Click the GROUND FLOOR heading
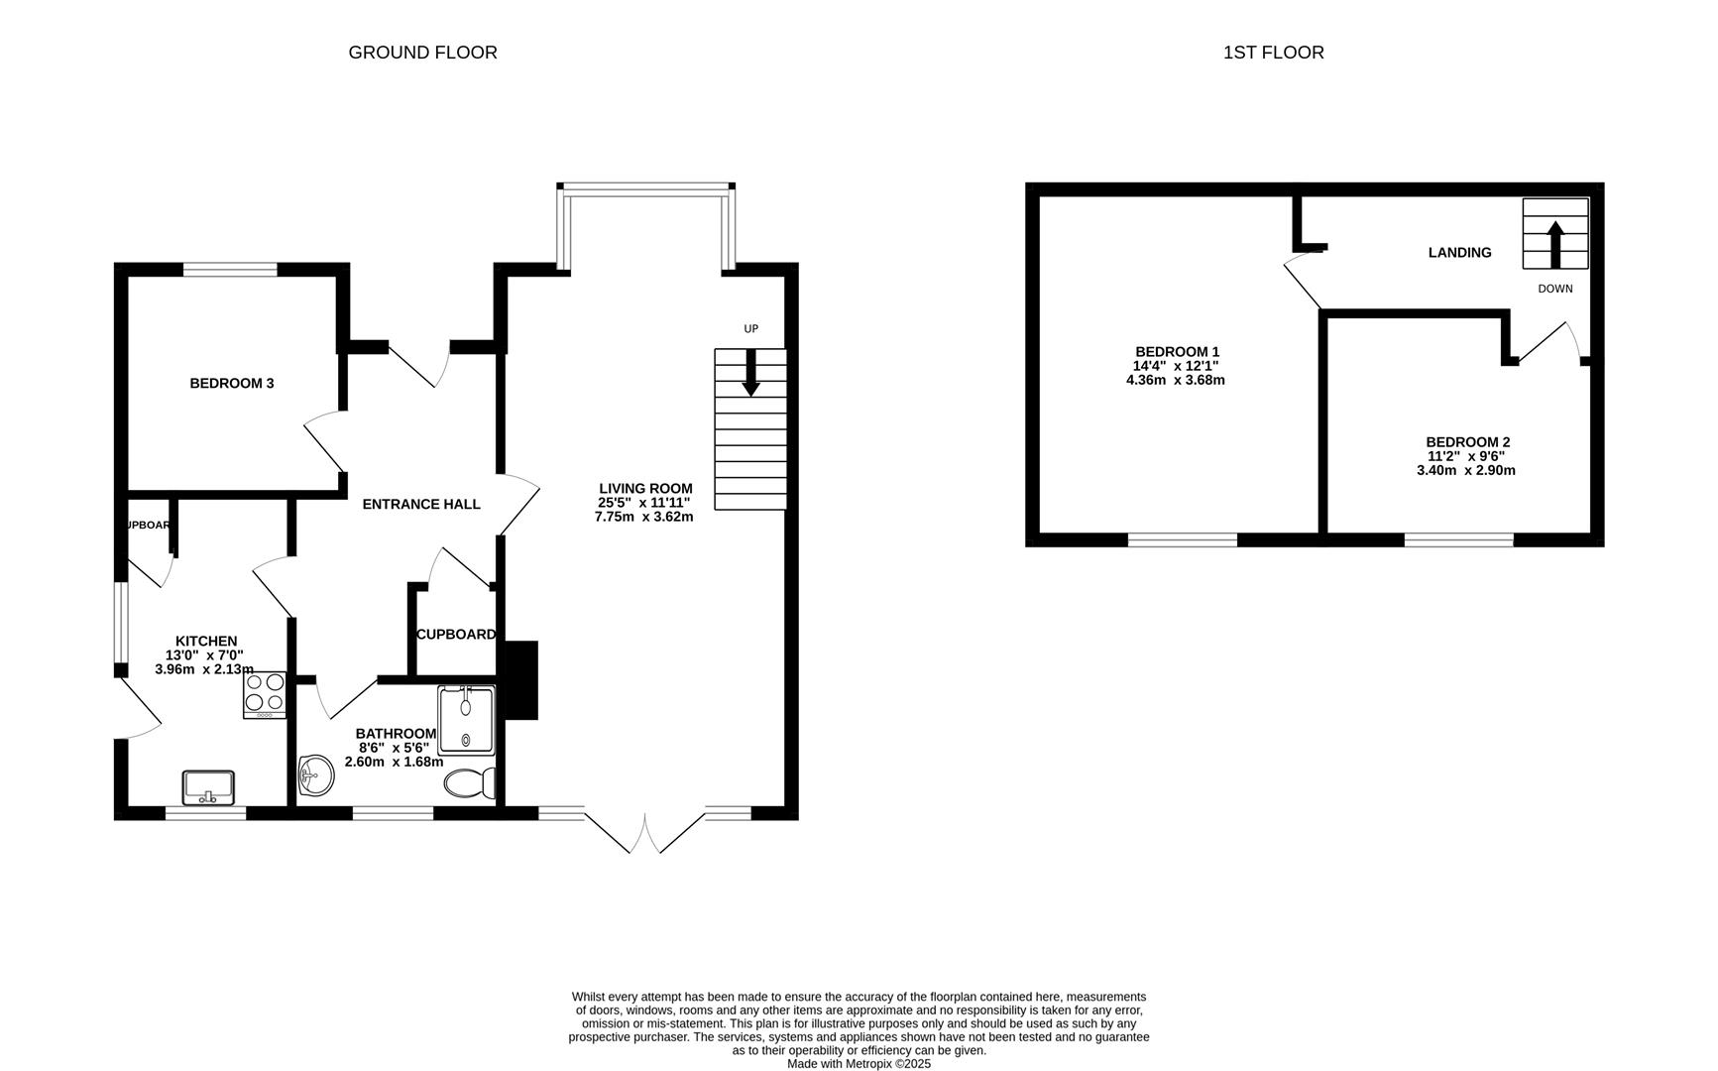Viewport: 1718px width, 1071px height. tap(422, 53)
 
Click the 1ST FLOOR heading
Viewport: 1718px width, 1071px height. tap(1273, 53)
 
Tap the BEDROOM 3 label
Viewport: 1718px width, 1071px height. tap(231, 383)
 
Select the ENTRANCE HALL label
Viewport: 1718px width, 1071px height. tap(420, 504)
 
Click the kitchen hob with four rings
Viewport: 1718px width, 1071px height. tap(265, 694)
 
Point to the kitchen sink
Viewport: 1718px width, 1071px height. tap(208, 787)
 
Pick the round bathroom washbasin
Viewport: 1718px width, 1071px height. tap(316, 774)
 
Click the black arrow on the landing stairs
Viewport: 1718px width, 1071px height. tap(1554, 243)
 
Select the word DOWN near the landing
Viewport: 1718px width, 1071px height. tap(1554, 289)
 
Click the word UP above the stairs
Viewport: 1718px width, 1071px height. tap(750, 328)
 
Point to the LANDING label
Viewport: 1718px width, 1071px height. tap(1459, 253)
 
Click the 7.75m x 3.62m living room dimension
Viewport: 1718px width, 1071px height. tap(643, 517)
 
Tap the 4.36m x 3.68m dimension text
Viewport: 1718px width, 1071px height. tap(1176, 380)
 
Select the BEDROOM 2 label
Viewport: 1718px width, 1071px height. tap(1467, 442)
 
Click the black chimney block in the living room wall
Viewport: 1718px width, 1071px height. tap(521, 680)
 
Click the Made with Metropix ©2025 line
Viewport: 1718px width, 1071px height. tap(859, 1063)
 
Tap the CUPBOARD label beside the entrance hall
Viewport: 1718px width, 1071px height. tap(455, 635)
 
